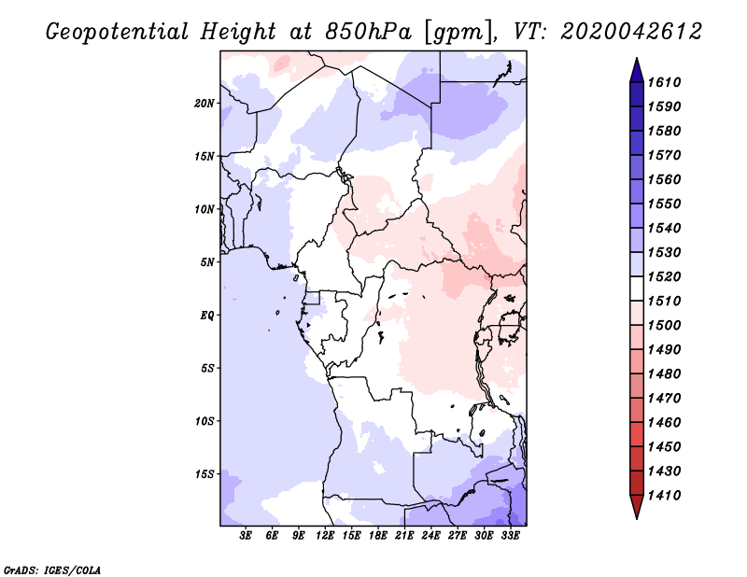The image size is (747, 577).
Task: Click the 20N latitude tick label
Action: click(x=204, y=103)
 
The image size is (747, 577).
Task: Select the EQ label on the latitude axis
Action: click(x=207, y=315)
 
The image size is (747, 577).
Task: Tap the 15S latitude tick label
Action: click(x=204, y=473)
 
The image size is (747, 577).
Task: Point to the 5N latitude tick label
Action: click(x=207, y=262)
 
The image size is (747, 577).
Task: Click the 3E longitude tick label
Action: click(x=247, y=535)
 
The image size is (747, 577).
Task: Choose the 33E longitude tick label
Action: click(x=511, y=535)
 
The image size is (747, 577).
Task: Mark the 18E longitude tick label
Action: click(x=378, y=535)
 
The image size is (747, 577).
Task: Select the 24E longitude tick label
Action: click(x=431, y=535)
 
